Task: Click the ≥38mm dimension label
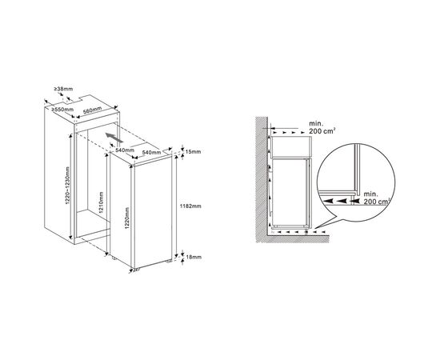coord(63,89)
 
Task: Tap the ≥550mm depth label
coord(62,110)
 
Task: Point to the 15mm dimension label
coord(193,152)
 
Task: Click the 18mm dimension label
coord(194,257)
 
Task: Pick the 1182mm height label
coord(191,206)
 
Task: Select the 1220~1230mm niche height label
coord(68,186)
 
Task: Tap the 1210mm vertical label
coord(102,202)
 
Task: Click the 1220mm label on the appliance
coord(127,218)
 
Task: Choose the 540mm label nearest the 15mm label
coord(151,152)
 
